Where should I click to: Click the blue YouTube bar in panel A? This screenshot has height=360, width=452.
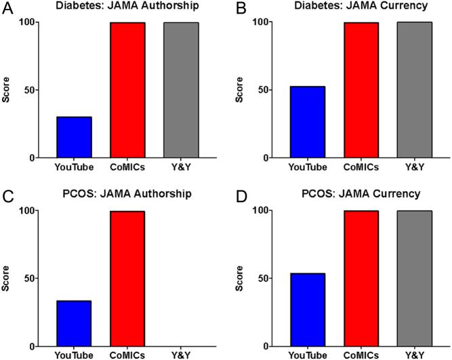(x=75, y=138)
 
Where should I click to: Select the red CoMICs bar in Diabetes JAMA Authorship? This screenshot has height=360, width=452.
(x=127, y=90)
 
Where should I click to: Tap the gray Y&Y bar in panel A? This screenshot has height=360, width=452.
(x=180, y=90)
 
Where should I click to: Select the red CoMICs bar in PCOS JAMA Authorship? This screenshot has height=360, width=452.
(x=127, y=279)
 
